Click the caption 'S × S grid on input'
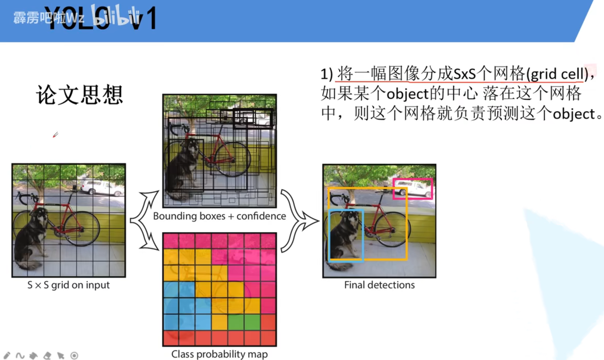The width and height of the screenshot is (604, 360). coord(68,285)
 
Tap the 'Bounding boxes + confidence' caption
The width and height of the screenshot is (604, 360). coord(219,216)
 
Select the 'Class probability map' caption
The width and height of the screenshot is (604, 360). coord(219,354)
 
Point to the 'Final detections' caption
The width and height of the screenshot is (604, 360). coord(379,285)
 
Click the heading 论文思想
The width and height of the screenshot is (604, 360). coord(79,94)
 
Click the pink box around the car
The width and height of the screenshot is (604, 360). coord(413,179)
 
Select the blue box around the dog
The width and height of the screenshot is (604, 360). coord(329,235)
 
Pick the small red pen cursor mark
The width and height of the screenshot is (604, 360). coord(55,135)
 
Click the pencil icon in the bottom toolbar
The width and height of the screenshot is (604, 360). coord(7,355)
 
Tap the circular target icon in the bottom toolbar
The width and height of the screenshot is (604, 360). coord(74,355)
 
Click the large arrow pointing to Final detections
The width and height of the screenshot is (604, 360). coord(300,220)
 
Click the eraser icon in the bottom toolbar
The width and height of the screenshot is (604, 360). coord(47,355)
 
